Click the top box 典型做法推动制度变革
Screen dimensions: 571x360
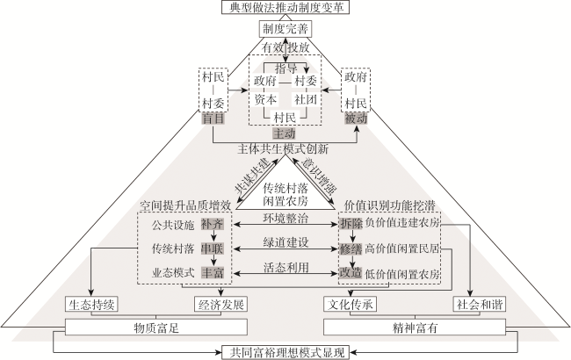(285, 7)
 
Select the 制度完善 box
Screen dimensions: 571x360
(285, 29)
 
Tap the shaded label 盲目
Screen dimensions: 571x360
(213, 119)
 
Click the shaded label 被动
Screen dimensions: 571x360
(356, 119)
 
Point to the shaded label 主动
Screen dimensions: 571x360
(285, 133)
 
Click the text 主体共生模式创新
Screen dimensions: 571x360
(284, 148)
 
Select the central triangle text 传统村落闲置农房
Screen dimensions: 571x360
(285, 194)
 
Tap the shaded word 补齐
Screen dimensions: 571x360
(213, 225)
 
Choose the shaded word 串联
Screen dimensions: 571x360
(213, 248)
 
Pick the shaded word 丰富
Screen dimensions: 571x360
(213, 273)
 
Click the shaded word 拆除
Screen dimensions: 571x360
(351, 223)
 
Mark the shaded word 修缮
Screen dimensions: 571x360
(351, 248)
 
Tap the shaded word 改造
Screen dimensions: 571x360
(351, 273)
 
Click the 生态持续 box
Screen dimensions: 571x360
(91, 305)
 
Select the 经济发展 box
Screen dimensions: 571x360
(220, 305)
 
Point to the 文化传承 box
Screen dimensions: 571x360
(350, 305)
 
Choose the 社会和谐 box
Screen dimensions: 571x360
(480, 305)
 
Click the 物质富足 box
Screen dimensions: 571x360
(156, 328)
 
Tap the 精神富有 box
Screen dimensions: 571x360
(415, 328)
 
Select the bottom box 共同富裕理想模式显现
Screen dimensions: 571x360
(285, 352)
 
